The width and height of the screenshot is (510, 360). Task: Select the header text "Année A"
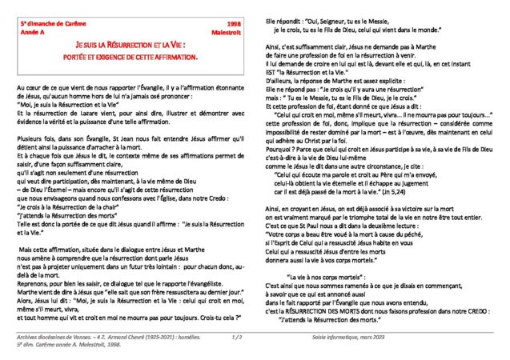coord(34,34)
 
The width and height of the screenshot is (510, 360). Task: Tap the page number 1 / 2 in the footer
coord(237,338)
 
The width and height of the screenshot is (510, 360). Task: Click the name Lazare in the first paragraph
coord(88,115)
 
